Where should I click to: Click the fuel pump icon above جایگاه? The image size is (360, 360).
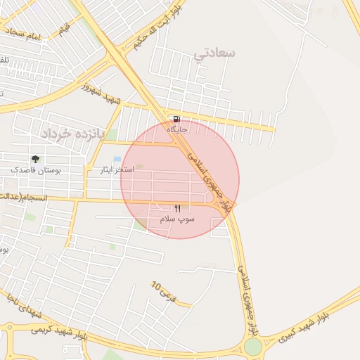(175, 119)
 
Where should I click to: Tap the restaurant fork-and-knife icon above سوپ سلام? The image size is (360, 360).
(177, 208)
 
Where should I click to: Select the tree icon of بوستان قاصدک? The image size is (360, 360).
(35, 159)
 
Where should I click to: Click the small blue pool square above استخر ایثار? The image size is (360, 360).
(117, 160)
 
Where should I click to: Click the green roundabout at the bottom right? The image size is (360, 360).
(252, 347)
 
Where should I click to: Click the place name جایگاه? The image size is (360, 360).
(176, 129)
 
